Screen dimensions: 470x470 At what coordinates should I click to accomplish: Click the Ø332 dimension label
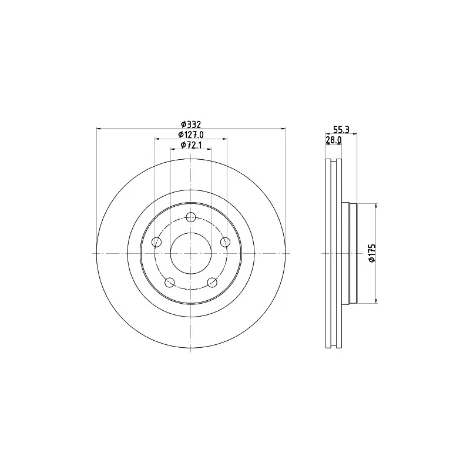[190, 124]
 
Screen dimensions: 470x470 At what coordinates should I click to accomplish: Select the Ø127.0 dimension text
[190, 135]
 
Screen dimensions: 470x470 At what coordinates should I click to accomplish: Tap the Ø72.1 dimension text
[190, 145]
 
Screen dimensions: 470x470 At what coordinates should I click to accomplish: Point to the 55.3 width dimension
[341, 129]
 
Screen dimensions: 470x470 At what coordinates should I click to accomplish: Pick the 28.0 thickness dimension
[333, 140]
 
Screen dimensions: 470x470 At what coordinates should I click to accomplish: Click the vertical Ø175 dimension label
[372, 253]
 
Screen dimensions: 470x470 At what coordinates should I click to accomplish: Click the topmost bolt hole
[190, 217]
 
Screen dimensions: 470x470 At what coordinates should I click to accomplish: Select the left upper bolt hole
[157, 241]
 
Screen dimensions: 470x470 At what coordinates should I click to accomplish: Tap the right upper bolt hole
[225, 241]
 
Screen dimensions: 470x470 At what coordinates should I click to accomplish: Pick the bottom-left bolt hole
[170, 282]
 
